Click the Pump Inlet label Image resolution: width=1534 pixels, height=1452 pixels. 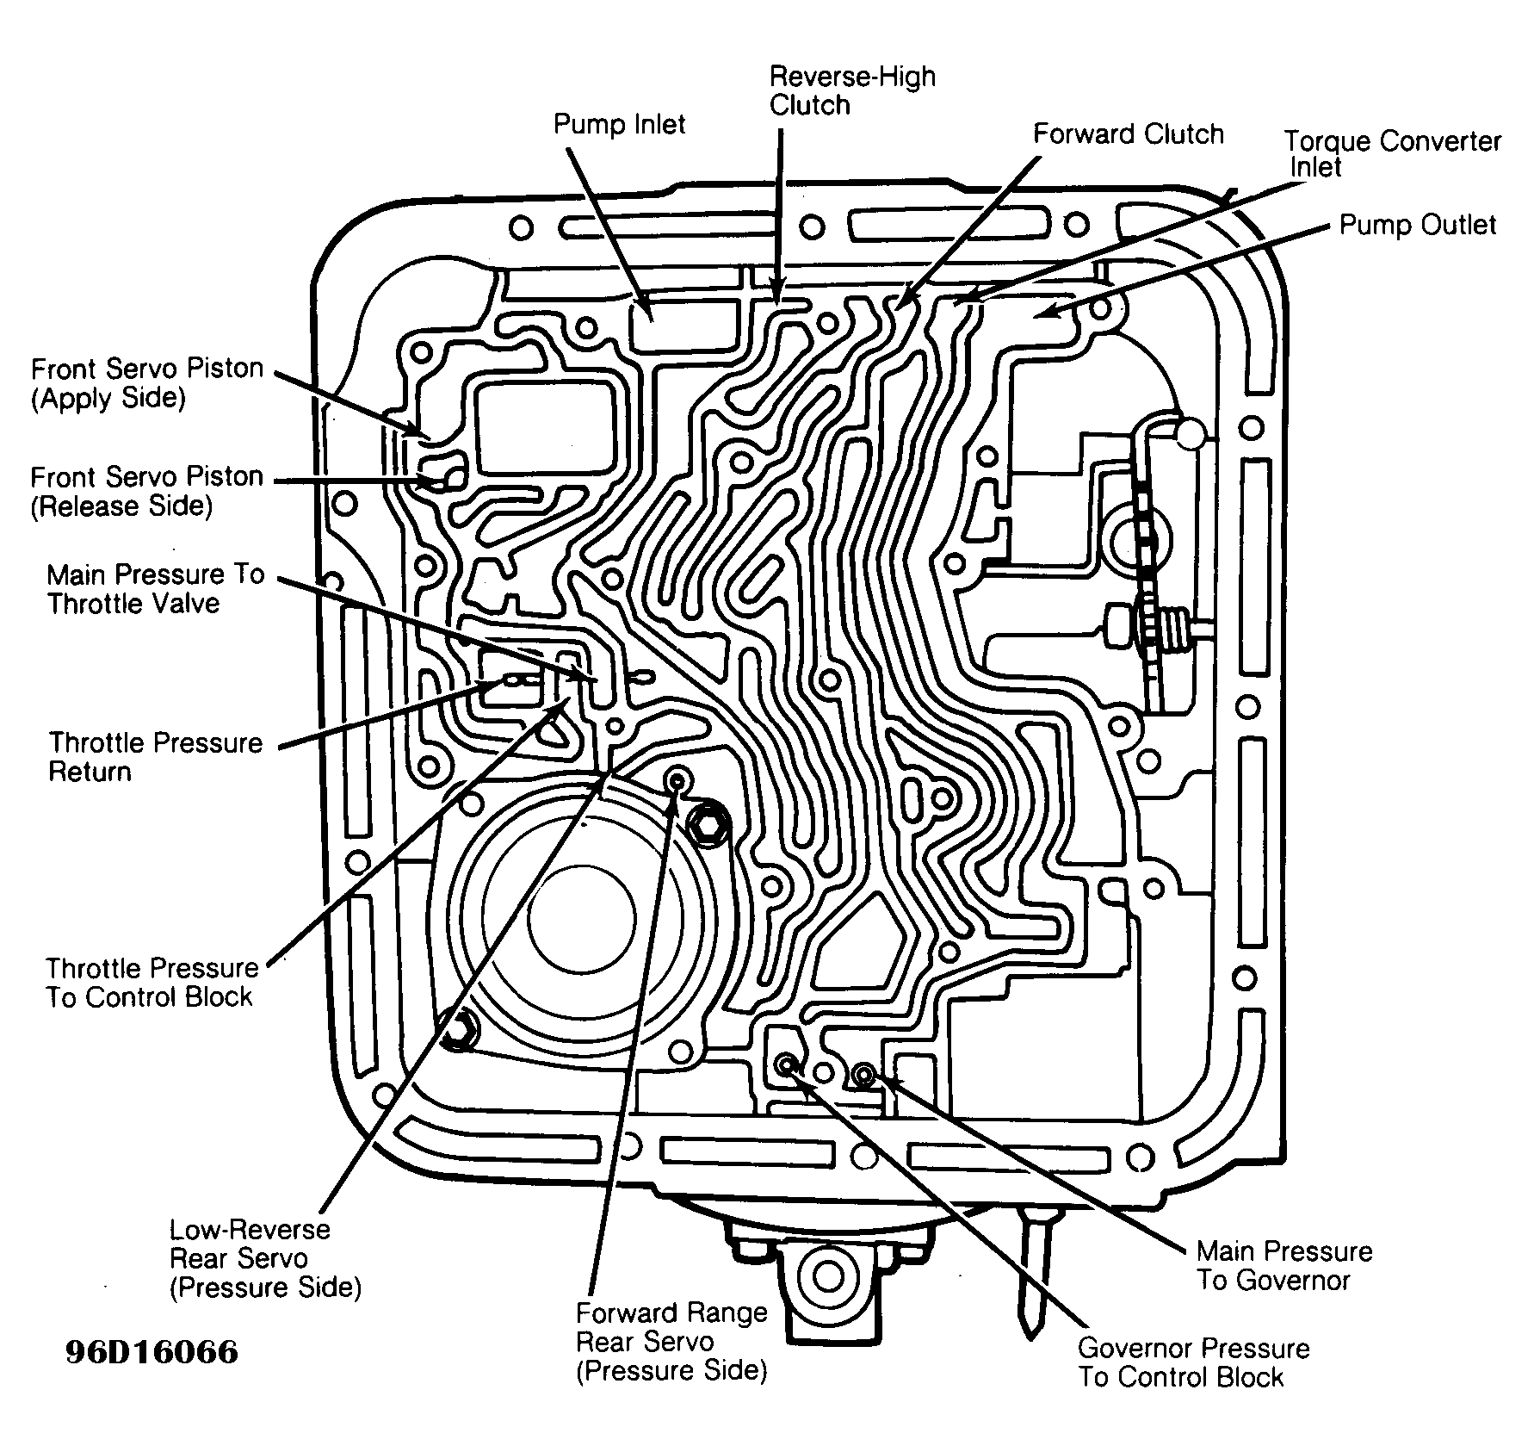[619, 125]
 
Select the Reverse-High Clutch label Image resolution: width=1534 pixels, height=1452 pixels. [852, 90]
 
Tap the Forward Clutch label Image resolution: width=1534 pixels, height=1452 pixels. [1128, 134]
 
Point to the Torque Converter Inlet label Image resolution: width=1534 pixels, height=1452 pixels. [1393, 153]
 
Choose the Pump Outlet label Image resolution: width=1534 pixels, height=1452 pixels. [1418, 225]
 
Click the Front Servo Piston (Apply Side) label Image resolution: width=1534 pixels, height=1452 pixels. [147, 382]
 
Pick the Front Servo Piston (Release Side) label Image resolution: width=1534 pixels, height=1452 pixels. [146, 491]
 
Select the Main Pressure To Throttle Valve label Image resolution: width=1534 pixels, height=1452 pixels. [156, 589]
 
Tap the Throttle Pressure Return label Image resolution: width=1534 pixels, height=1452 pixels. [155, 756]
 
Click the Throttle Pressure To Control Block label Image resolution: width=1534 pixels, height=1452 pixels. [152, 982]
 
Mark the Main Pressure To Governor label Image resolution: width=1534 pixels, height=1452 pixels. [1284, 1265]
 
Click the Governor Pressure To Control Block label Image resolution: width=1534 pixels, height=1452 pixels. [1193, 1362]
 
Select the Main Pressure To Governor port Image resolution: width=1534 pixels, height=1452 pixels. [864, 1073]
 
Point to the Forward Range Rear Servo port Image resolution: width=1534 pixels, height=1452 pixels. [677, 781]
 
